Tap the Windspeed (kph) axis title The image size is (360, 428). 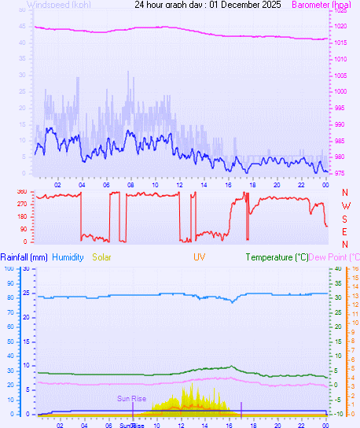tap(58, 5)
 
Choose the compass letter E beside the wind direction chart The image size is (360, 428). tap(345, 231)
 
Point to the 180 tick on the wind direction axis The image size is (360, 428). tap(20, 216)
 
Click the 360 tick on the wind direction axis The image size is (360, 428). tap(20, 191)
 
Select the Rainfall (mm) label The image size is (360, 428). tap(24, 257)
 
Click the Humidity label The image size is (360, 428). tap(68, 257)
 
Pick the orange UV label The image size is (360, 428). tap(198, 257)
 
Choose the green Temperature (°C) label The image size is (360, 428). tap(277, 257)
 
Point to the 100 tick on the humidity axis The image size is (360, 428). tap(8, 268)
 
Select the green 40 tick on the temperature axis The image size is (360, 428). tap(339, 268)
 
